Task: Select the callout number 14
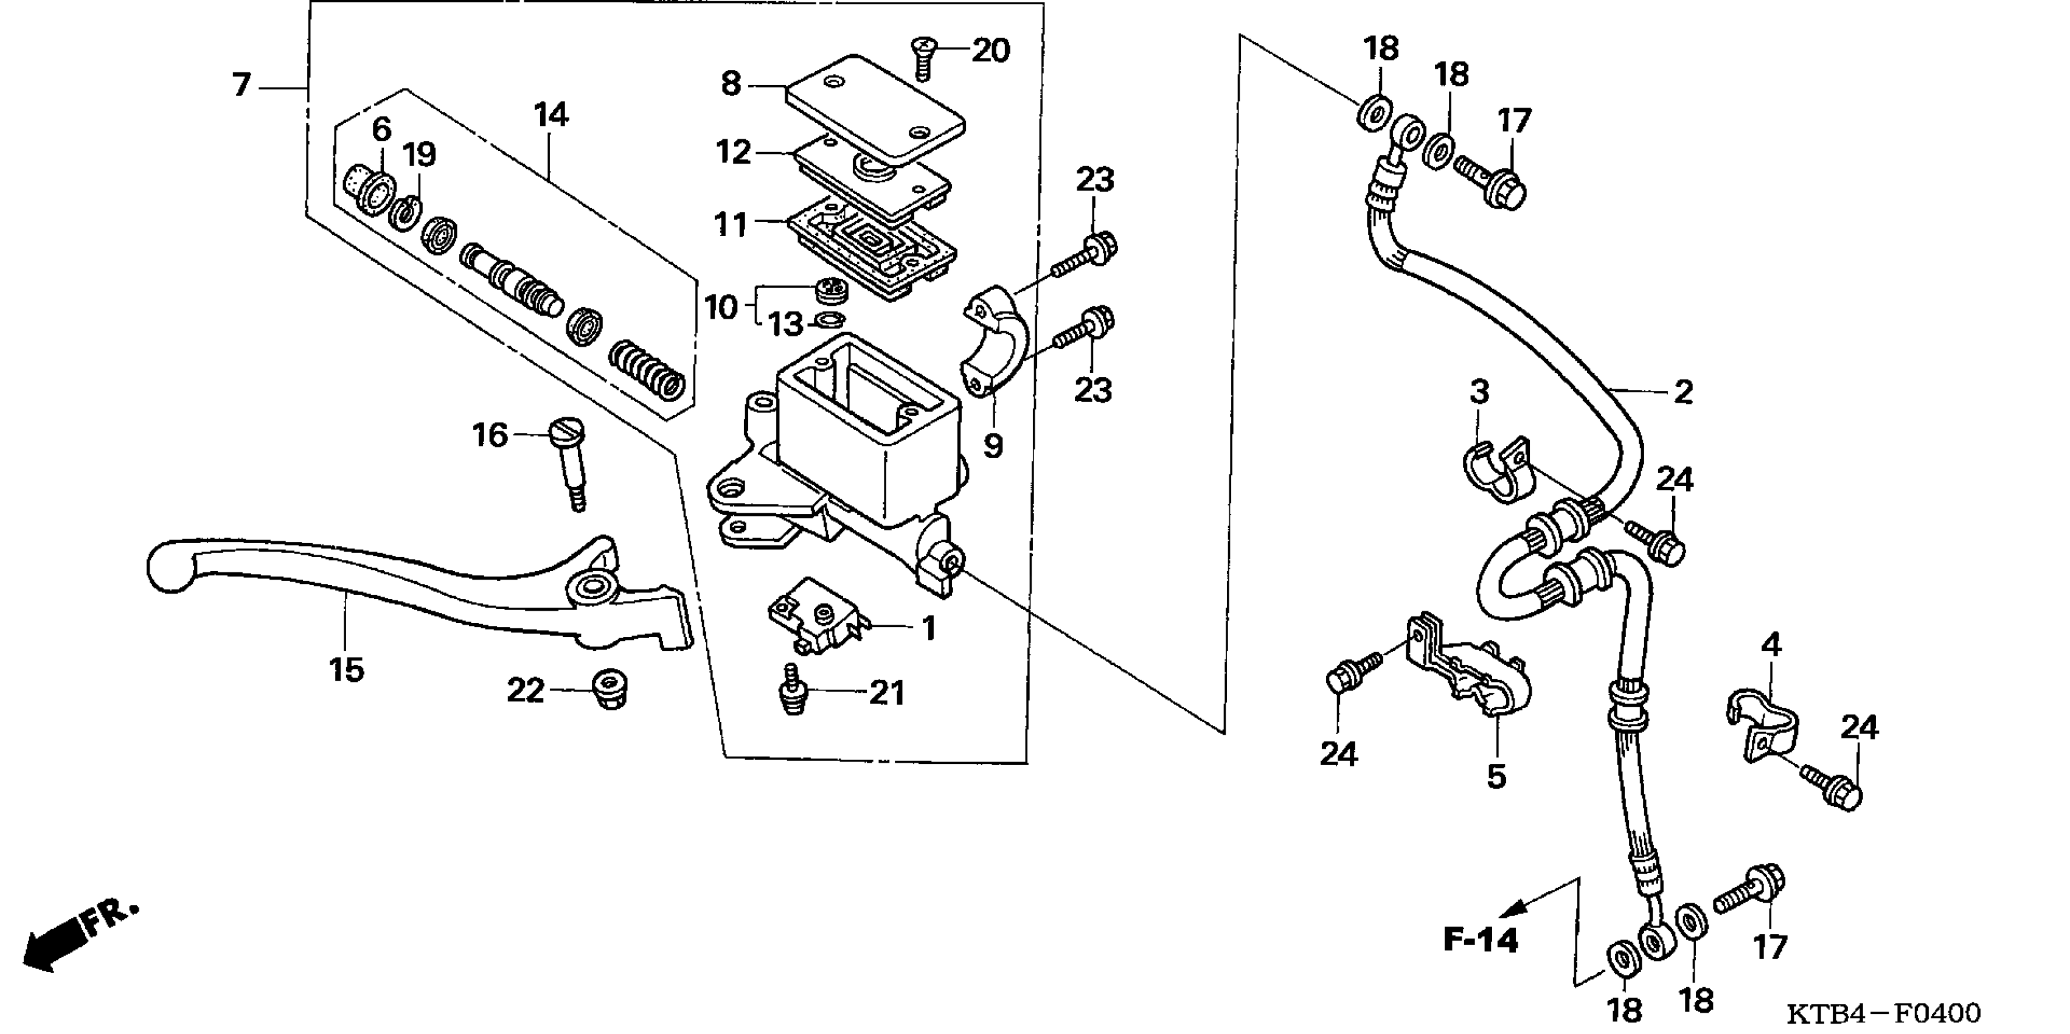[551, 115]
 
